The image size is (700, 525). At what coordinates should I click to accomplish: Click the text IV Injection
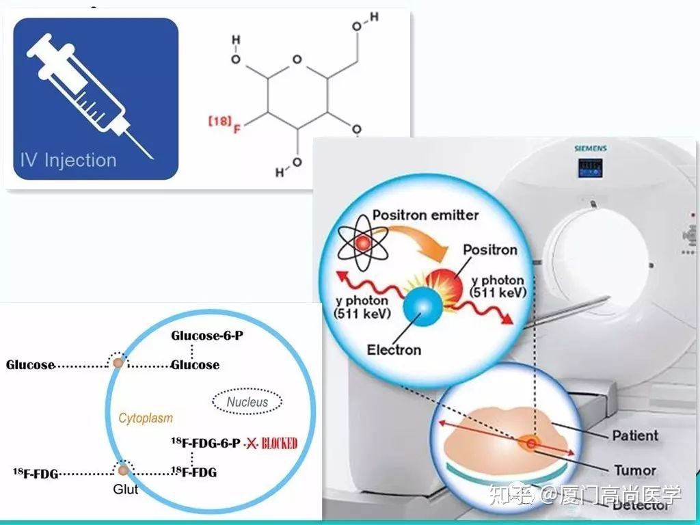(68, 161)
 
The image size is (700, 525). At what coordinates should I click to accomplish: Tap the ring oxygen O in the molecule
(296, 59)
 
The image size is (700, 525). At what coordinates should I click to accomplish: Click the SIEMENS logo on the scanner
(590, 148)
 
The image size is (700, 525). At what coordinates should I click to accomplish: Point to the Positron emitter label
(425, 215)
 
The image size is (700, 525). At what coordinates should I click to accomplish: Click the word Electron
(394, 350)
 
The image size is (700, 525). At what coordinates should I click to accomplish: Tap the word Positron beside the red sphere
(490, 250)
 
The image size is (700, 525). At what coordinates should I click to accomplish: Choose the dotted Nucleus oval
(247, 401)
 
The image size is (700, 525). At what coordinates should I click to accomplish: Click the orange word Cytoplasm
(146, 418)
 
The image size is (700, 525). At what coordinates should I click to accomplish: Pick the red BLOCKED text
(276, 444)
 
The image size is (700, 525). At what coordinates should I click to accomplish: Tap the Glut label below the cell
(125, 489)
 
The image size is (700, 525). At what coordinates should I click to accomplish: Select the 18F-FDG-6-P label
(205, 443)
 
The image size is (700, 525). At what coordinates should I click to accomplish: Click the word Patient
(635, 435)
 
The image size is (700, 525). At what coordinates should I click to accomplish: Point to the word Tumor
(634, 470)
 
